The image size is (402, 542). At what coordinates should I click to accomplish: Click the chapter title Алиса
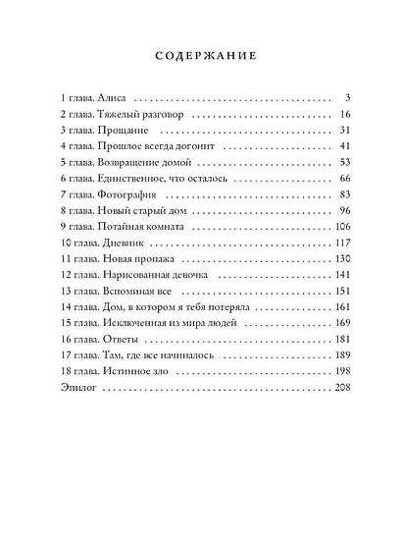pos(112,100)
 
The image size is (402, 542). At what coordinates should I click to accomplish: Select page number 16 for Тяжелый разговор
pos(344,117)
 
